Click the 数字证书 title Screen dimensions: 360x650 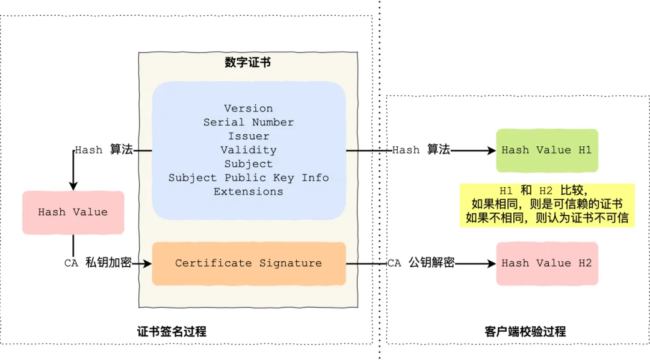click(x=248, y=63)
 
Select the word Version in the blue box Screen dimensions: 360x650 click(x=249, y=108)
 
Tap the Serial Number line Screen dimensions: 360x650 click(x=249, y=122)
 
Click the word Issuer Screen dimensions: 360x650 click(x=249, y=136)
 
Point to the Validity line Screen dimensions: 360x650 click(x=249, y=150)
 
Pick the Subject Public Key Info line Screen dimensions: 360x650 click(x=249, y=178)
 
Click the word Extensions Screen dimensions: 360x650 click(x=249, y=191)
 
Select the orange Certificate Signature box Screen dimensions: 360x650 click(x=249, y=263)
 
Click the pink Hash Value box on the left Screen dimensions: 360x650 click(x=73, y=213)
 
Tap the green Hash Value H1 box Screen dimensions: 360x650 click(x=547, y=150)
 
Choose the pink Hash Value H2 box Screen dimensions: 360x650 click(x=547, y=263)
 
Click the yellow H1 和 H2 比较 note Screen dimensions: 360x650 click(x=547, y=205)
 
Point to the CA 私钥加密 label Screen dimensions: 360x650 click(x=97, y=262)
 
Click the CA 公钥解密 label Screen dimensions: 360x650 click(x=421, y=262)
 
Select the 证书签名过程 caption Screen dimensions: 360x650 click(x=172, y=331)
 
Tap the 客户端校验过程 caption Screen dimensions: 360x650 click(x=525, y=331)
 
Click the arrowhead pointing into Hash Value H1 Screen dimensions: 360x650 click(x=492, y=150)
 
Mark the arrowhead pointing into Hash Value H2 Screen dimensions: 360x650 click(x=492, y=263)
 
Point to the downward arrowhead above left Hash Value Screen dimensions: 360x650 click(x=73, y=186)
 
